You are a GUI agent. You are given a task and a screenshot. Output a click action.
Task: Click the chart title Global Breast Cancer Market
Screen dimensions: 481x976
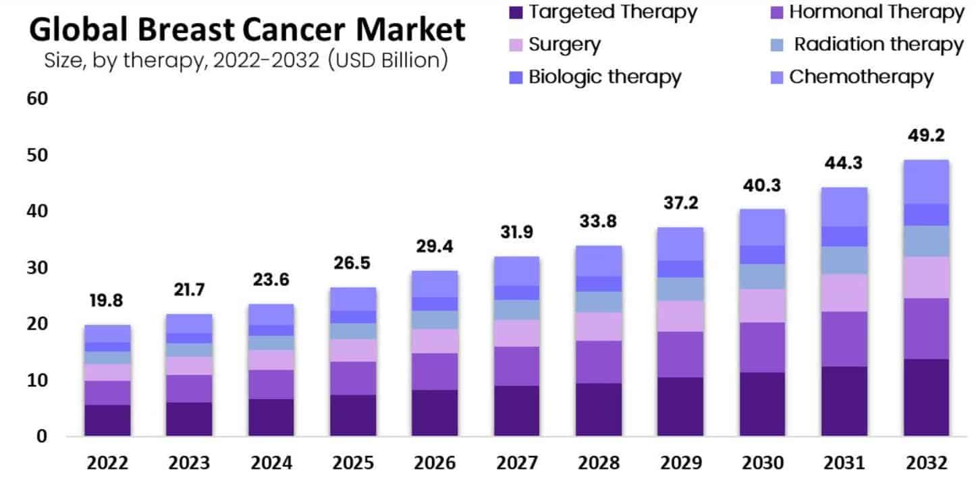pos(247,30)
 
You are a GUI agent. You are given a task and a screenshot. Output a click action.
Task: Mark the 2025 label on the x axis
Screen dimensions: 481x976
pos(352,463)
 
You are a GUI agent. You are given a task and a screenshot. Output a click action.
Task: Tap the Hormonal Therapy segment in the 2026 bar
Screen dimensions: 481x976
pos(434,371)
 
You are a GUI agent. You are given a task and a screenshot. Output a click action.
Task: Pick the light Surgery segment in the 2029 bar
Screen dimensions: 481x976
pos(680,316)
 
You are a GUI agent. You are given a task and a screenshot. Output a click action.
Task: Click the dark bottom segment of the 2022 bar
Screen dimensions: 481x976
pos(108,420)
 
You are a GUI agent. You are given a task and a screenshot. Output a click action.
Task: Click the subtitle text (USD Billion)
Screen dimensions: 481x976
pos(388,61)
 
